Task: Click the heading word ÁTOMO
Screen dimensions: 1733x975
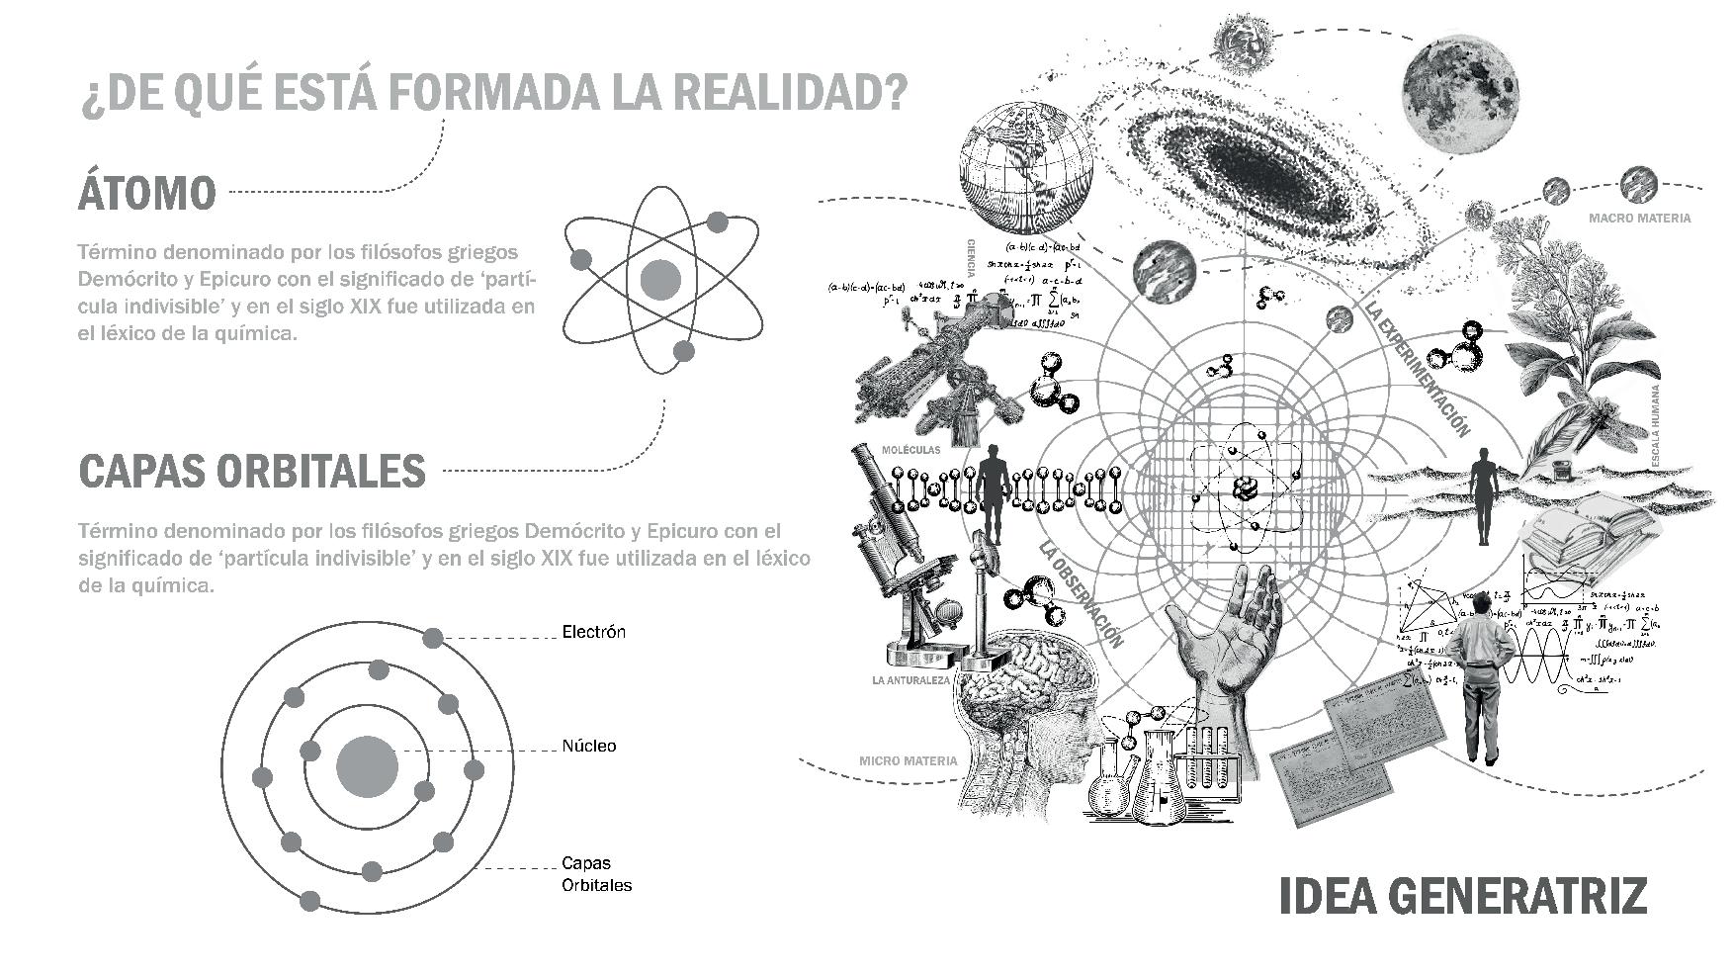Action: (146, 192)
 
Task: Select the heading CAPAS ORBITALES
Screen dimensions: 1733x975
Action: (252, 471)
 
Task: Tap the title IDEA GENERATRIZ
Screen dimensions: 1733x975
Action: (1463, 895)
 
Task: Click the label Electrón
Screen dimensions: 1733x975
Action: (593, 632)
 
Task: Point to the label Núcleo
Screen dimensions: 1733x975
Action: (588, 746)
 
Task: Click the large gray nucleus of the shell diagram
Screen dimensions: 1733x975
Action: (367, 768)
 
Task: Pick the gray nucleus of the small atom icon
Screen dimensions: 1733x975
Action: (660, 280)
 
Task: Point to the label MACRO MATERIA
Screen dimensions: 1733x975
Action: (1639, 218)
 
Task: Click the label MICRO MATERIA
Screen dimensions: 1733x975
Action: (908, 761)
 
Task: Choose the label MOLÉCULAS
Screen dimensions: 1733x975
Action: (910, 449)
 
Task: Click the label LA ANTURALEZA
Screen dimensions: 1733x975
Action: (910, 680)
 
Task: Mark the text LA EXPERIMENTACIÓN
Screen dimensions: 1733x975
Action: (1417, 368)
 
